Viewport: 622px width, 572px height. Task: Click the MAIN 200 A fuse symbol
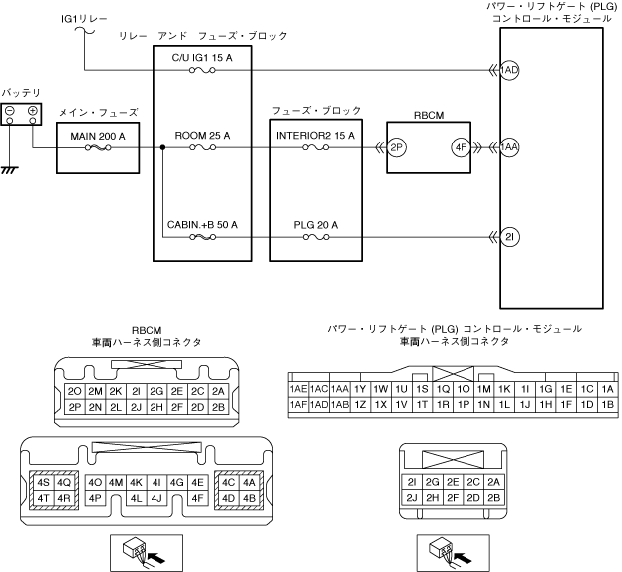pyautogui.click(x=98, y=148)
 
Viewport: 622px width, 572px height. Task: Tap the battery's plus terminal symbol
pyautogui.click(x=33, y=111)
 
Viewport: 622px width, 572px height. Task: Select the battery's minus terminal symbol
pyautogui.click(x=10, y=111)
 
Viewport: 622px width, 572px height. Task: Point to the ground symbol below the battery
pyautogui.click(x=10, y=170)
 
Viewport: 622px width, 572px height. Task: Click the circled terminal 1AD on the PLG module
pyautogui.click(x=509, y=70)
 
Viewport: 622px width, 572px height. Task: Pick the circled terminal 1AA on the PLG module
pyautogui.click(x=509, y=147)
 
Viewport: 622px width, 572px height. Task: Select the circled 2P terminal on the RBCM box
pyautogui.click(x=397, y=147)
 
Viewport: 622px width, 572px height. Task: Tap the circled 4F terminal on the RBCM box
pyautogui.click(x=461, y=147)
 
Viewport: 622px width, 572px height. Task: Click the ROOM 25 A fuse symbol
pyautogui.click(x=202, y=147)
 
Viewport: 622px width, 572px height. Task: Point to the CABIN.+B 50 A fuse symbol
pyautogui.click(x=202, y=237)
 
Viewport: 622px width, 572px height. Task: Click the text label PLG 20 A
pyautogui.click(x=316, y=225)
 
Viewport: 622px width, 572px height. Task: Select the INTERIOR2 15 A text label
pyautogui.click(x=315, y=136)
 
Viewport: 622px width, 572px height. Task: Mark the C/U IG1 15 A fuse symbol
pyautogui.click(x=202, y=70)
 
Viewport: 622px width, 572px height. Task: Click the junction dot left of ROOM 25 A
pyautogui.click(x=162, y=147)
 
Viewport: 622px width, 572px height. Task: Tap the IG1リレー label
pyautogui.click(x=84, y=19)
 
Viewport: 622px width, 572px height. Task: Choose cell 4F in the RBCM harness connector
pyautogui.click(x=197, y=498)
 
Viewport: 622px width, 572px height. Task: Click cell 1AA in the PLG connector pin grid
pyautogui.click(x=340, y=389)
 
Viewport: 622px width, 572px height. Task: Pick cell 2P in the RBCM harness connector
pyautogui.click(x=75, y=407)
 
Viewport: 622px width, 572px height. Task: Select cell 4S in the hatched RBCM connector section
pyautogui.click(x=43, y=483)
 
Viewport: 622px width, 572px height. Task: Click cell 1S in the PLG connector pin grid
pyautogui.click(x=422, y=389)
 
